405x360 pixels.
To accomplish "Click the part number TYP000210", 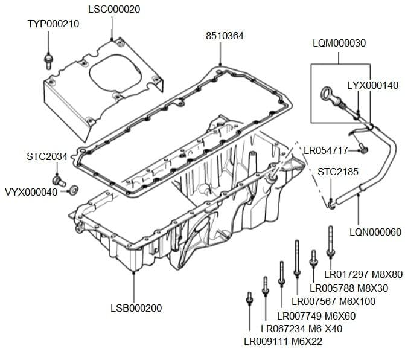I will [54, 24].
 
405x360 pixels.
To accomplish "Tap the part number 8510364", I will [225, 36].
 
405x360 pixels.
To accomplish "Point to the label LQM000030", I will [339, 43].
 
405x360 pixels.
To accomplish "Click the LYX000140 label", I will [372, 85].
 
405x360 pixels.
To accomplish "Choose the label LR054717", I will [325, 150].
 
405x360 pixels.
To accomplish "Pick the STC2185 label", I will [338, 172].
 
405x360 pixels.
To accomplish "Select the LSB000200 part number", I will [136, 308].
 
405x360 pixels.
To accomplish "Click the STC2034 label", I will [47, 156].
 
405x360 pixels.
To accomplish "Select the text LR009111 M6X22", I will [283, 341].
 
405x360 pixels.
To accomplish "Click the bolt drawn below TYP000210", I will [48, 60].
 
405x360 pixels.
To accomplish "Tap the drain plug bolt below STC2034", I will [59, 180].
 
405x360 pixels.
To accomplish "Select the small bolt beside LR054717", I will [363, 146].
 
